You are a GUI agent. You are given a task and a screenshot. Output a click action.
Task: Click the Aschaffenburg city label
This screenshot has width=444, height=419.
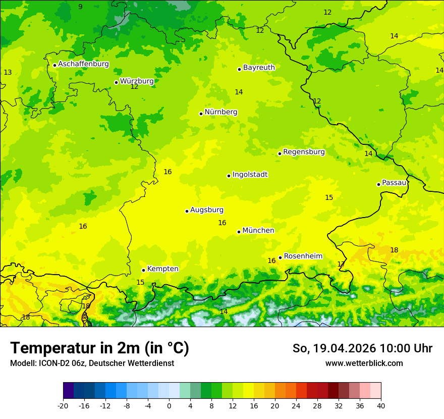pos(83,64)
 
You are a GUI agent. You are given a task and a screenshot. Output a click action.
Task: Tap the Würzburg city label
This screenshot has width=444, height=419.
pos(137,81)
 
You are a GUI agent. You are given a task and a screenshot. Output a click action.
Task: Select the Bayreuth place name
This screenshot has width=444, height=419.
pos(259,68)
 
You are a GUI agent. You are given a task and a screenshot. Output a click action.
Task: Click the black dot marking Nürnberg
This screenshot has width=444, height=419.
pos(201,114)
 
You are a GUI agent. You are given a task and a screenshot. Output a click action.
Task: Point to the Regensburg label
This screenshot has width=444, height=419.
pos(304,152)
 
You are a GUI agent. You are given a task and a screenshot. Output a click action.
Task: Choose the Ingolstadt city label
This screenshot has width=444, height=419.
pos(250,175)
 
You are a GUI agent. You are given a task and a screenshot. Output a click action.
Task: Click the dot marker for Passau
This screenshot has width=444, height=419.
pos(378,184)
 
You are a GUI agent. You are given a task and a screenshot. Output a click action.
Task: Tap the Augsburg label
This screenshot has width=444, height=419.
pos(207,210)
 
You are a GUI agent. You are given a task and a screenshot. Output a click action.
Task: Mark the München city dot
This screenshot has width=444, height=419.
pos(239,232)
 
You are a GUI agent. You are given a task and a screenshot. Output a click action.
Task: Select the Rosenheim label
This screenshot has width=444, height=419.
pos(303,256)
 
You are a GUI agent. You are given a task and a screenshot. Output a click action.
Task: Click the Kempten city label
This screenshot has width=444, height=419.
pos(162,269)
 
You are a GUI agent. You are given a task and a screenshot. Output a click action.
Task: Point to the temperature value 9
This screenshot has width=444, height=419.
pos(80,7)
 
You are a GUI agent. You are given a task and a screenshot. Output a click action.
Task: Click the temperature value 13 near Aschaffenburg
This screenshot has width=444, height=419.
pos(8,73)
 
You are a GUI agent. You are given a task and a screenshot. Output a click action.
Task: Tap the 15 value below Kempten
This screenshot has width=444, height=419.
pos(140,283)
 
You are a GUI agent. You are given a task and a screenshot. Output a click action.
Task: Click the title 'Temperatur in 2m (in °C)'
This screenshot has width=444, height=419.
pos(99,348)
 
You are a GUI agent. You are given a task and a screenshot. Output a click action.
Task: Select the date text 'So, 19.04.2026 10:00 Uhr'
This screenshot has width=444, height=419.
pos(362,348)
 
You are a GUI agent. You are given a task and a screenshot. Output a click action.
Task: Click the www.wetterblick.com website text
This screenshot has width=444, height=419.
pos(364,363)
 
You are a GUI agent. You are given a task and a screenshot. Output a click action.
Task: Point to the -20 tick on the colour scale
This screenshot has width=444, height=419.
pos(63,406)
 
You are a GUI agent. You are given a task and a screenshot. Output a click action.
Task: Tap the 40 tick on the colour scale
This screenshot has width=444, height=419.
pos(381,406)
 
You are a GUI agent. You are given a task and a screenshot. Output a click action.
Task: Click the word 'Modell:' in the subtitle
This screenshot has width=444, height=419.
pos(23,363)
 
